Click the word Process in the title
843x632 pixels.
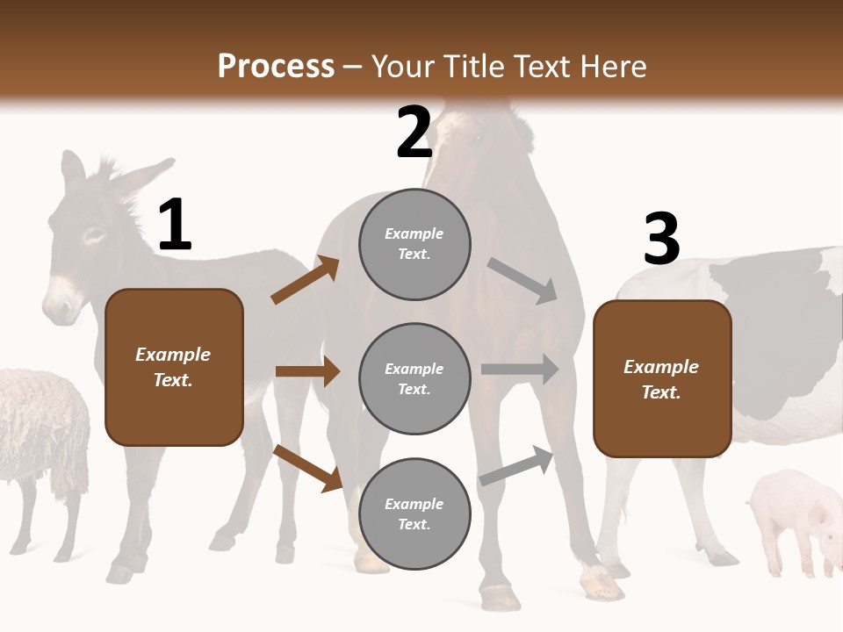tap(276, 66)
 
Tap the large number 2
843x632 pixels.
tap(414, 133)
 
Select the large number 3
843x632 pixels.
tap(661, 240)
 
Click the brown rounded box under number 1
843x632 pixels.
tap(174, 367)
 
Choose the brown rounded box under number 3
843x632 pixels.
tap(662, 378)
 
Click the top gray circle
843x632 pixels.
tap(414, 244)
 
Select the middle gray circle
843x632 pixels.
tap(414, 378)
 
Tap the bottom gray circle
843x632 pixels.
tap(414, 513)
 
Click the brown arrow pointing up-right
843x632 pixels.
tap(306, 280)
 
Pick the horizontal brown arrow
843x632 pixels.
tap(307, 371)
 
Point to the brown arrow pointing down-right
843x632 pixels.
tap(307, 468)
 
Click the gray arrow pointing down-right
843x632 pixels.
tap(522, 280)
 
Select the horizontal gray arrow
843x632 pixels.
tap(520, 370)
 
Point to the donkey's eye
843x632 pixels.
tap(94, 234)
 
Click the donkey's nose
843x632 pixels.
tap(60, 307)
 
